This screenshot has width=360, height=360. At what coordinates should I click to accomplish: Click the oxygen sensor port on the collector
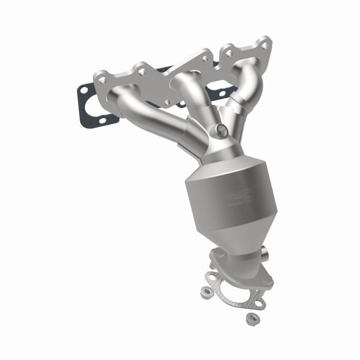click(221, 130)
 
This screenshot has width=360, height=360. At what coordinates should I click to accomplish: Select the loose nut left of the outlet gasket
click(208, 292)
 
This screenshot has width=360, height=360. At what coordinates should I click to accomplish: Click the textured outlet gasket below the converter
click(234, 292)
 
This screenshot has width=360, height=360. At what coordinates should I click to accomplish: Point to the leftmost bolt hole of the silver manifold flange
click(103, 79)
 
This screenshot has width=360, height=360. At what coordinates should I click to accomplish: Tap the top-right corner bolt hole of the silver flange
click(265, 45)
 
